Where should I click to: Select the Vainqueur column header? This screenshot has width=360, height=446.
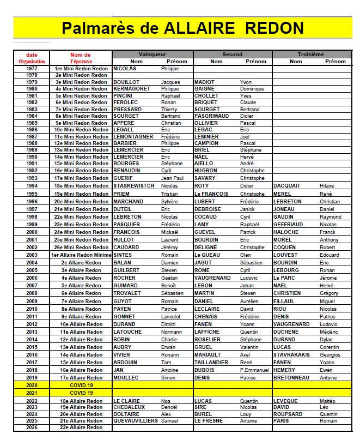coord(152,55)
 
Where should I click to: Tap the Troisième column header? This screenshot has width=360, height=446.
coord(311,55)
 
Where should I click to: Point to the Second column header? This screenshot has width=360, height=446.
coord(233,55)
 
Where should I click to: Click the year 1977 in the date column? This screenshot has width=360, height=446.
coord(32,69)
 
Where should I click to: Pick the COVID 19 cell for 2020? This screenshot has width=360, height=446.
coord(81,385)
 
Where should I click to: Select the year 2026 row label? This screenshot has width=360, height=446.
coord(32,427)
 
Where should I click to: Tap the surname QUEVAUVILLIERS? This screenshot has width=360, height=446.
coord(136,421)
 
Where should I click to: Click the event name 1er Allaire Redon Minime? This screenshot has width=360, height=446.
coord(81,255)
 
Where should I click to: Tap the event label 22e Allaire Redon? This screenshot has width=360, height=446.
coord(81,427)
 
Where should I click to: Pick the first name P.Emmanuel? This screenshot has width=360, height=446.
coord(255,370)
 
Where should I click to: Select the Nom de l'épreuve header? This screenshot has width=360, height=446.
coord(80,58)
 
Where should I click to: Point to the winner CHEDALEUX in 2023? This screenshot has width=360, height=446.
coord(130,407)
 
